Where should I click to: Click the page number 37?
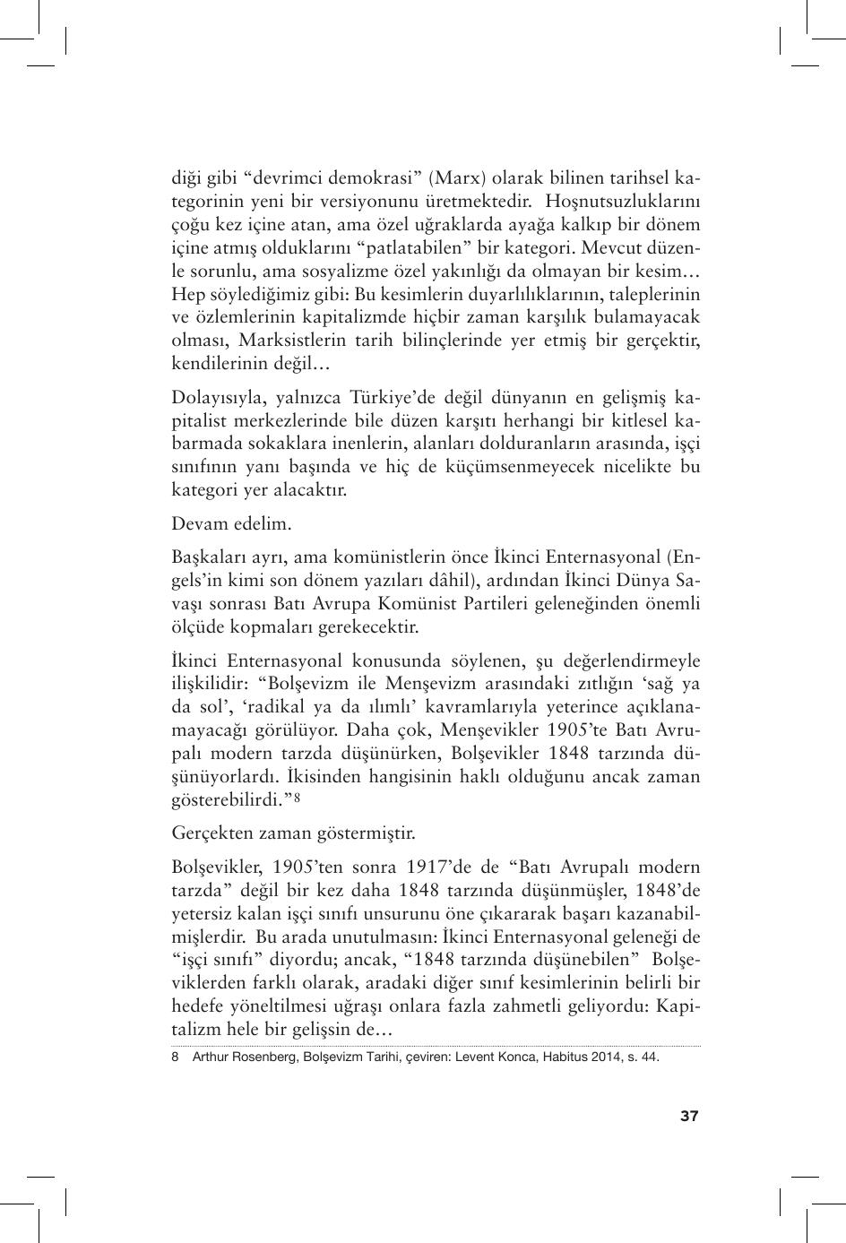point(688,1116)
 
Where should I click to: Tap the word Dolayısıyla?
point(216,397)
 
